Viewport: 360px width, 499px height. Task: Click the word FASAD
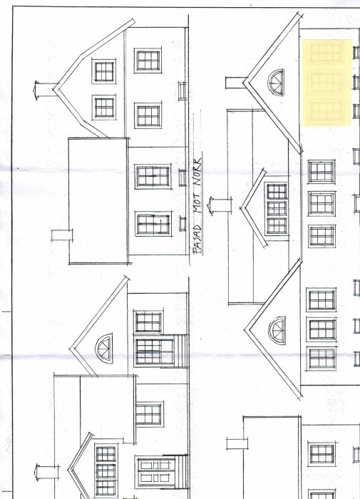[198, 239]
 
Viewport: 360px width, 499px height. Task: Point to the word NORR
[197, 172]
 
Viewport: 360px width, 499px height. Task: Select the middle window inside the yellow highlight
[326, 83]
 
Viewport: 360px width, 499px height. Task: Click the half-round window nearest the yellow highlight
[276, 83]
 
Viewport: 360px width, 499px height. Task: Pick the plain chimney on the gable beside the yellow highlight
[236, 83]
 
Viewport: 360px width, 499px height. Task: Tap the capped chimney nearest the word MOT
[220, 206]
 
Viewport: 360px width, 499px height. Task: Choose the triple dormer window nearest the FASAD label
[277, 208]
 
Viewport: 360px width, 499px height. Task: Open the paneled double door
[156, 473]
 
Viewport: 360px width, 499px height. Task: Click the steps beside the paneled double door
[182, 472]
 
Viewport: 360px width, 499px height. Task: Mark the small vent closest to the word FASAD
[182, 224]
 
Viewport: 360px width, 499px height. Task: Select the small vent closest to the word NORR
[182, 178]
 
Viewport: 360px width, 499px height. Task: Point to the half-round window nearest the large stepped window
[104, 347]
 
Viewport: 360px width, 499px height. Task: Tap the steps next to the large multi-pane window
[181, 351]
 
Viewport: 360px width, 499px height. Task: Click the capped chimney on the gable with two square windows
[46, 91]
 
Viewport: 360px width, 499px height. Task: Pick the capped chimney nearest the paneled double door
[47, 472]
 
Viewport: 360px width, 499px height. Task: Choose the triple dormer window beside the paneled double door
[106, 470]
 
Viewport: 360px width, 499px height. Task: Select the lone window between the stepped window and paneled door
[149, 414]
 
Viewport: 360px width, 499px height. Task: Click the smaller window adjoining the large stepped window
[148, 321]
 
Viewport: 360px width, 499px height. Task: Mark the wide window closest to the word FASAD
[153, 224]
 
